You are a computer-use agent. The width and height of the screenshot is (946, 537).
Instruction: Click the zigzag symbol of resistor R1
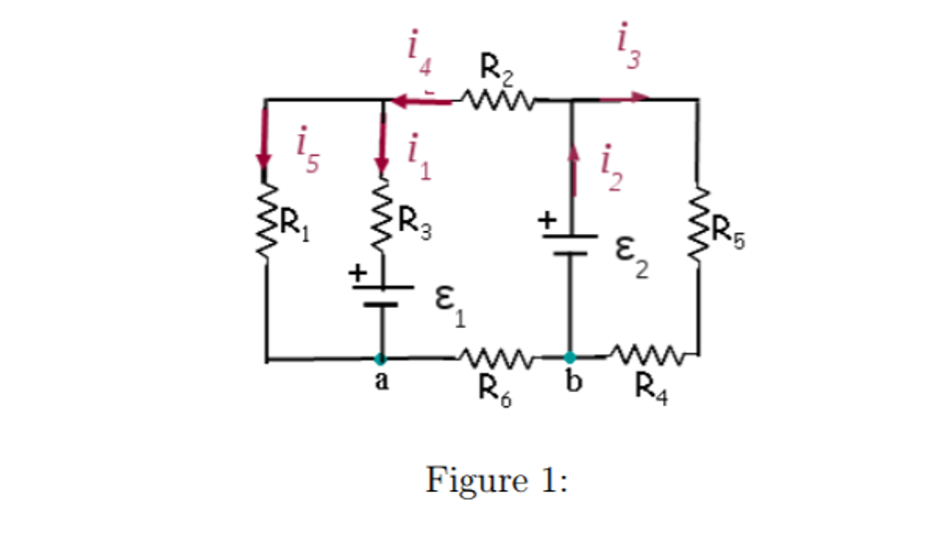coord(267,220)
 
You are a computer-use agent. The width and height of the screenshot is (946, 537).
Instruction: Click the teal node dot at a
coord(380,358)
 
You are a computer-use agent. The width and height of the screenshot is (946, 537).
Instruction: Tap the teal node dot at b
coord(570,357)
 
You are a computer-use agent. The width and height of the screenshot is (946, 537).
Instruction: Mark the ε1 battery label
coord(452,309)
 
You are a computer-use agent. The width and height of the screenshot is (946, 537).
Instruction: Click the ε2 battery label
coord(633,257)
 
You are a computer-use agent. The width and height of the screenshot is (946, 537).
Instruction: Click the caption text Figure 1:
coord(496,480)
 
